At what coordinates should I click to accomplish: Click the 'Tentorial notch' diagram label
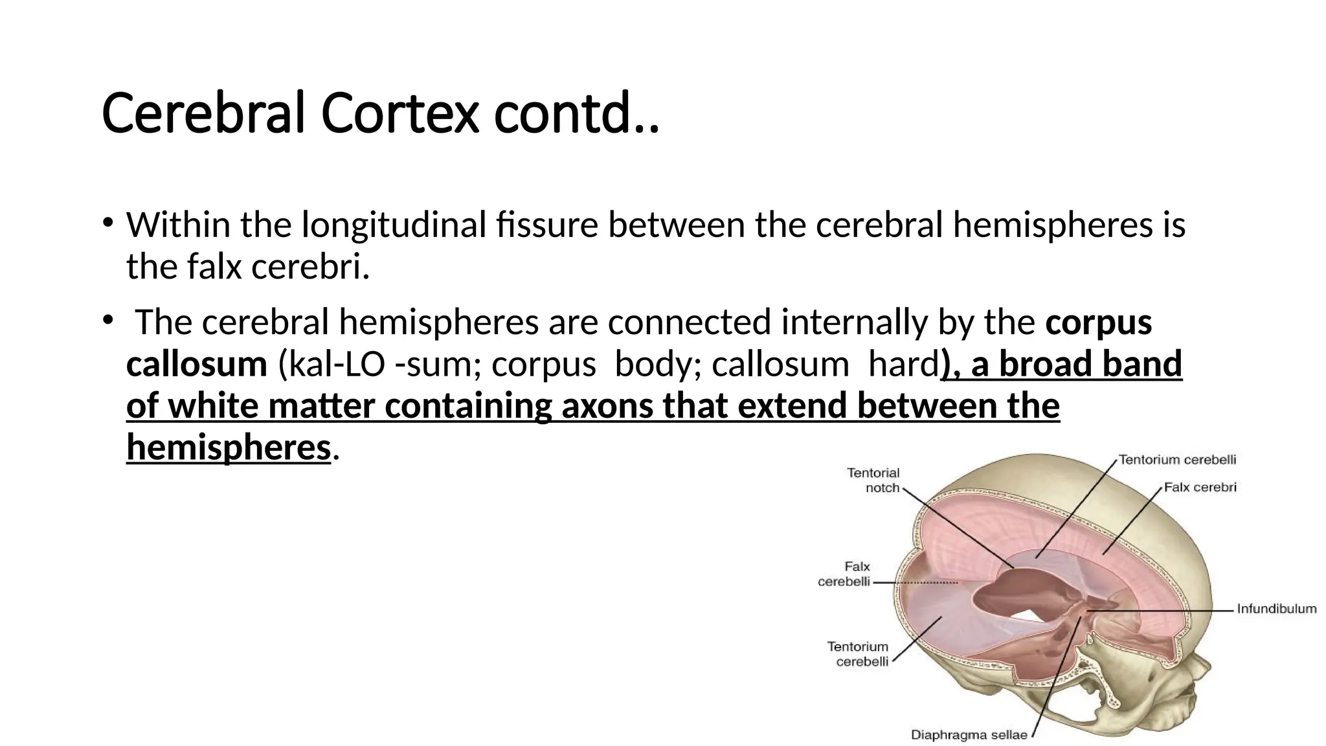873,480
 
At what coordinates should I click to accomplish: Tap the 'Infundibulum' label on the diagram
1276,609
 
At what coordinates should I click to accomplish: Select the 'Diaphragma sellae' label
969,735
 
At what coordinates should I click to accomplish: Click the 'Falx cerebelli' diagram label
844,574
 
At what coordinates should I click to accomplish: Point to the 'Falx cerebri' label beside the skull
1200,487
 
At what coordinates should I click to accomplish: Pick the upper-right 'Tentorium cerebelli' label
1177,460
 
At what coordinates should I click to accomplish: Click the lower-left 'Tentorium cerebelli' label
859,654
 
